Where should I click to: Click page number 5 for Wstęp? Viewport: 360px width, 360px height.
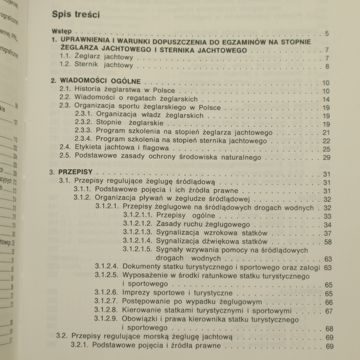(x=327, y=34)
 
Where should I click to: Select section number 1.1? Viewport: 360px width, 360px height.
(x=65, y=57)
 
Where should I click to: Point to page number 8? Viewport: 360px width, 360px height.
(x=327, y=67)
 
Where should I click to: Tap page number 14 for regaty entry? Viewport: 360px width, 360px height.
(x=327, y=99)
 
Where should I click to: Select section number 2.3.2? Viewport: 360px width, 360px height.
(x=84, y=122)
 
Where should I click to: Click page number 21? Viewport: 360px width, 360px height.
(x=327, y=132)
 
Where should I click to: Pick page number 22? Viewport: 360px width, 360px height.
(x=327, y=141)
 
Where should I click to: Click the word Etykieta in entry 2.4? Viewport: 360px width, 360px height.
(x=87, y=148)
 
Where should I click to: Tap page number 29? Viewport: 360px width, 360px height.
(x=327, y=157)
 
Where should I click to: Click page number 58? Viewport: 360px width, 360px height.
(x=328, y=242)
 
